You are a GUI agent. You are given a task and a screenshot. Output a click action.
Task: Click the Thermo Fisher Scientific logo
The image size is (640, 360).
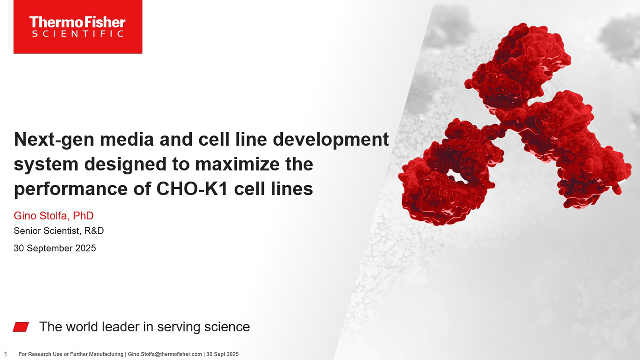[x=78, y=27]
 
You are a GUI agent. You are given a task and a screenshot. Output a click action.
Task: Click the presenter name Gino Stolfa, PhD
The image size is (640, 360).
[x=54, y=216]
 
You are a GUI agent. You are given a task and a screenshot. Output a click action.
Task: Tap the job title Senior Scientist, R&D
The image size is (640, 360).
[x=59, y=231]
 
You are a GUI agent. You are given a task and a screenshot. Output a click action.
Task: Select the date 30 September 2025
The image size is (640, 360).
[x=55, y=248]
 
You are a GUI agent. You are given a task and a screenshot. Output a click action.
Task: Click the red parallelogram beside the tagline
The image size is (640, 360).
[x=21, y=327]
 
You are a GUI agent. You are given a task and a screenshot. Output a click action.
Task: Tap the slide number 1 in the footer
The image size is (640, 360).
[x=6, y=354]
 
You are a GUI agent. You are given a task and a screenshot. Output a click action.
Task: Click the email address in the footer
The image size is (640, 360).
[x=165, y=354]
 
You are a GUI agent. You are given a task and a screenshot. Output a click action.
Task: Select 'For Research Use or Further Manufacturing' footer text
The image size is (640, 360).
[x=71, y=354]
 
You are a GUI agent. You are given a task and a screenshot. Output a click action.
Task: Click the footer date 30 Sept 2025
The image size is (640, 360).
[x=223, y=354]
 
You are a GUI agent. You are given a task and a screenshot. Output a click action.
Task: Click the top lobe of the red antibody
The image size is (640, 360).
[x=517, y=65]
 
